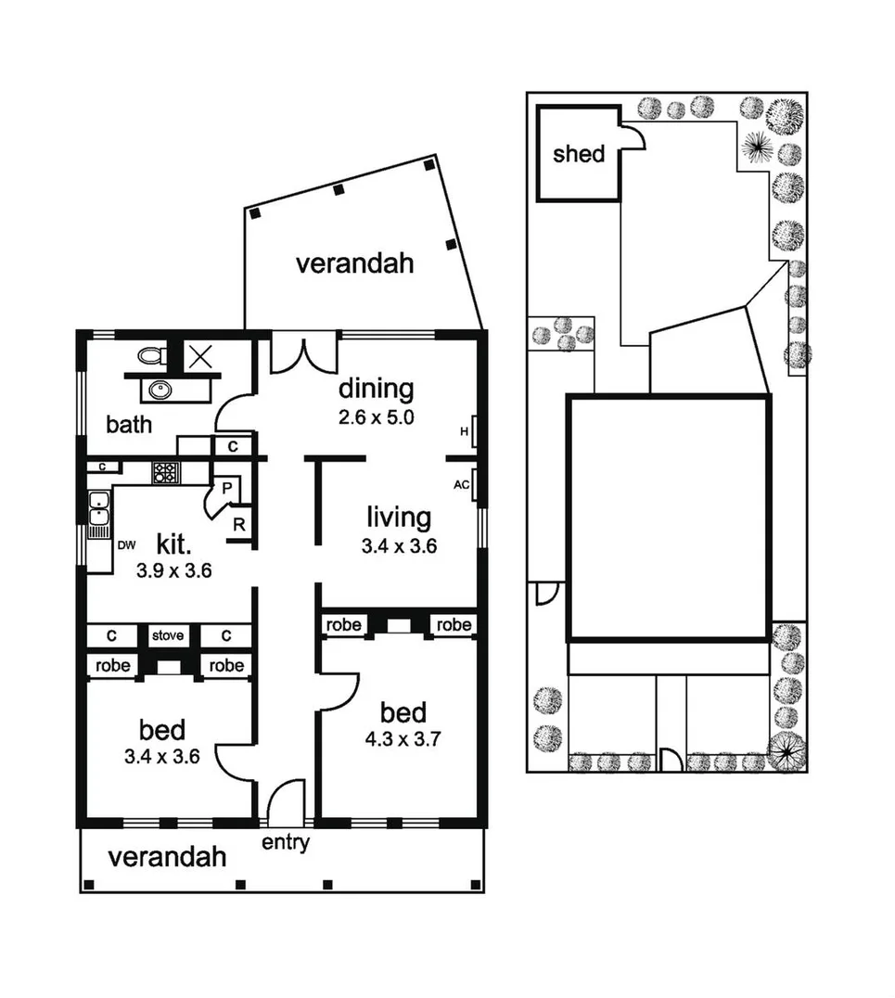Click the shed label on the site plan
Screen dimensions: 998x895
[x=578, y=154]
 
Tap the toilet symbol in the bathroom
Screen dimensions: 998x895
[x=152, y=354]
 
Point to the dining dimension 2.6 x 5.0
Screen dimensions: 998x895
[x=375, y=416]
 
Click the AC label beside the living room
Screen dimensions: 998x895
[x=461, y=485]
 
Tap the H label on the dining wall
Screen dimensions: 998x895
[x=464, y=431]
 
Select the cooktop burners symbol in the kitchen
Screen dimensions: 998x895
[x=166, y=472]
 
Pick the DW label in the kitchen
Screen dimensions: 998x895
[x=126, y=545]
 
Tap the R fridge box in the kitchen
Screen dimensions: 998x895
[x=238, y=524]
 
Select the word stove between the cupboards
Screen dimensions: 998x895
[x=168, y=636]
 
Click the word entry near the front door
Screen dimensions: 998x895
[x=285, y=843]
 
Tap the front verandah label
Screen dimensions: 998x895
[x=167, y=856]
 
